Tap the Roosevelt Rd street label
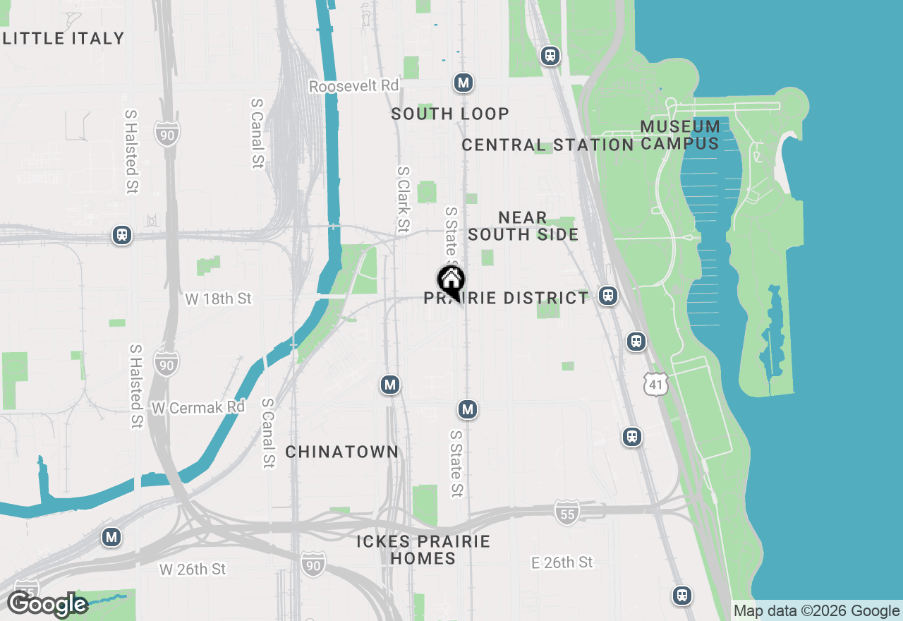pos(353,86)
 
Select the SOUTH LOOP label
pos(450,114)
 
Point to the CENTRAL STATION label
pos(547,145)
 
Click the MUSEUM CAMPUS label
pos(680,135)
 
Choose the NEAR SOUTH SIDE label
pos(523,226)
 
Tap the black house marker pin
pos(450,282)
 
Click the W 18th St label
pos(218,299)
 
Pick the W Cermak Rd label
pos(198,407)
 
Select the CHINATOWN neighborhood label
pos(342,452)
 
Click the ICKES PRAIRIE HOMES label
pos(423,550)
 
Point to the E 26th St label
pos(562,562)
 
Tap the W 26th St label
pos(192,569)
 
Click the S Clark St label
pos(404,199)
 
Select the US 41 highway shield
pos(656,385)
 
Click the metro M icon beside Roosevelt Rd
pos(463,83)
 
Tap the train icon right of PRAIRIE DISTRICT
pos(608,296)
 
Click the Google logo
pos(47,605)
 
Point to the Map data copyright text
pos(816,611)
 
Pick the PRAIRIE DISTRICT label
pos(506,299)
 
